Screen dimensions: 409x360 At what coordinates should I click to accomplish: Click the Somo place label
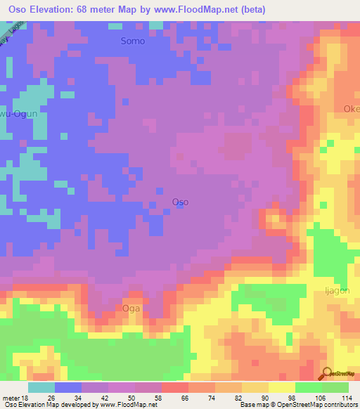[x=132, y=41]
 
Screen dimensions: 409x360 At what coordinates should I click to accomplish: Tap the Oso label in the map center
[x=180, y=202]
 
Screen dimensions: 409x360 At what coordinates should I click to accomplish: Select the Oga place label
[x=131, y=308]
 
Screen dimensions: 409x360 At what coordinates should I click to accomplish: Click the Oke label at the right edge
[x=351, y=109]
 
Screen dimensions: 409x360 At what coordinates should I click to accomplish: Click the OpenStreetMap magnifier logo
[x=327, y=373]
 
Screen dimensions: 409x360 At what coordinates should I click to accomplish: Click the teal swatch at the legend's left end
[x=41, y=387]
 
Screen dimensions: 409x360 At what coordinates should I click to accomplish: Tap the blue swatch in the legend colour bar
[x=68, y=387]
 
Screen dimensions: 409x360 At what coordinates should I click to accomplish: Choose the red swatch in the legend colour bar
[x=175, y=387]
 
